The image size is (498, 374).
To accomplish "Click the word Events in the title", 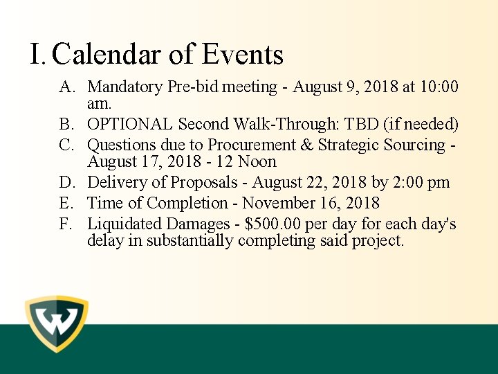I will click(x=243, y=55).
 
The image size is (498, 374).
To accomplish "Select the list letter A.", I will click(x=66, y=87).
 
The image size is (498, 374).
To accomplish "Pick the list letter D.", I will click(x=66, y=183).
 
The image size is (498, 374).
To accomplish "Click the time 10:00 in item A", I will click(x=439, y=87).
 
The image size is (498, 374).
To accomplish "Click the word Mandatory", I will click(x=126, y=87).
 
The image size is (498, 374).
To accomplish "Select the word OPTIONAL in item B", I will click(x=130, y=125).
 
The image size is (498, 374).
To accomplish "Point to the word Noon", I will click(x=257, y=162).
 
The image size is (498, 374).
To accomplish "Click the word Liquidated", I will click(x=124, y=224).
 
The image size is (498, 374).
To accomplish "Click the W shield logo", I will click(x=57, y=323).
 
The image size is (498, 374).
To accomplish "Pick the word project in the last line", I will click(x=379, y=241).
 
